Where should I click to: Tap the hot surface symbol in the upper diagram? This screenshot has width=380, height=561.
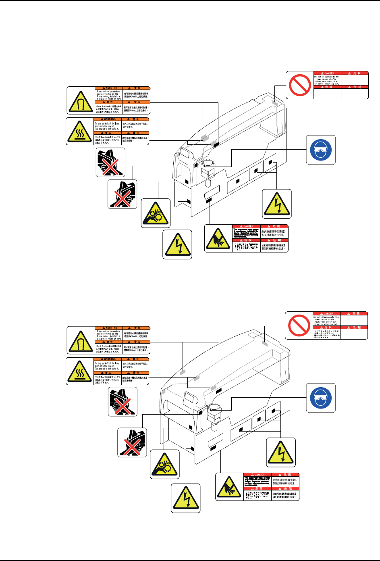tap(80, 131)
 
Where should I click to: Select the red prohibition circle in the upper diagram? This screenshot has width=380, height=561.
tap(299, 85)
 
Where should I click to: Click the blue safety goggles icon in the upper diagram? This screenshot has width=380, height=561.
tap(321, 150)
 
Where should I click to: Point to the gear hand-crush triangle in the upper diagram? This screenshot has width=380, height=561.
tap(156, 213)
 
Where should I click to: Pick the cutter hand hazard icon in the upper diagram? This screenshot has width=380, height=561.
tap(218, 238)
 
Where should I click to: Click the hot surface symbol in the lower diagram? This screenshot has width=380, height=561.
tap(80, 371)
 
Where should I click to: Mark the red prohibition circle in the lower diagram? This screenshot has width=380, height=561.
tap(299, 325)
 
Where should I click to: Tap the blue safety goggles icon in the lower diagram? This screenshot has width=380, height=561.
tap(321, 398)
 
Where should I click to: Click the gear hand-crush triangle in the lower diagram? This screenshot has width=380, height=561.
tap(165, 464)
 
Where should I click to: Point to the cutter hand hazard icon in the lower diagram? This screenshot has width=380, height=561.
tap(229, 487)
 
